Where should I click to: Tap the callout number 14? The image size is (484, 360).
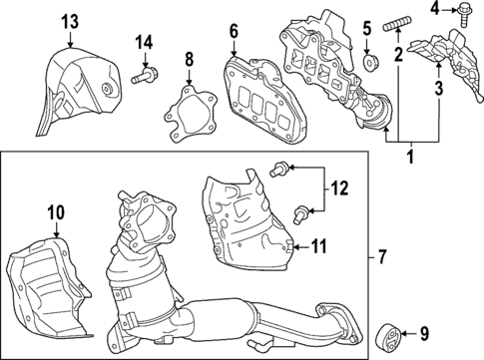click(x=146, y=41)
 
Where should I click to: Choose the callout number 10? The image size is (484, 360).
click(x=55, y=211)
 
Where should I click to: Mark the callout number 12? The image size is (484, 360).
click(x=340, y=185)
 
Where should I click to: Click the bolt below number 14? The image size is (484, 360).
click(x=144, y=74)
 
